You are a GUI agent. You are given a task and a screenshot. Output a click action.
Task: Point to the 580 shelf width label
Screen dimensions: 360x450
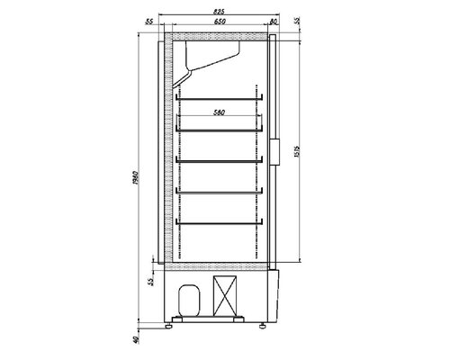(x=219, y=112)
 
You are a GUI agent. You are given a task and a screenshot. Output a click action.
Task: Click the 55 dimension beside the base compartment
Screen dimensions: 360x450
(x=150, y=282)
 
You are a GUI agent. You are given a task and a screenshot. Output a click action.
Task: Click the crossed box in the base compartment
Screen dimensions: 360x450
(x=225, y=296)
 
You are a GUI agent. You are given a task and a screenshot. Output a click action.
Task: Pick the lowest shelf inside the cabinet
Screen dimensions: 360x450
(x=219, y=221)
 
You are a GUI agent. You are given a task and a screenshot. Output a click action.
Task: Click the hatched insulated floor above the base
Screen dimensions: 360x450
(x=216, y=267)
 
